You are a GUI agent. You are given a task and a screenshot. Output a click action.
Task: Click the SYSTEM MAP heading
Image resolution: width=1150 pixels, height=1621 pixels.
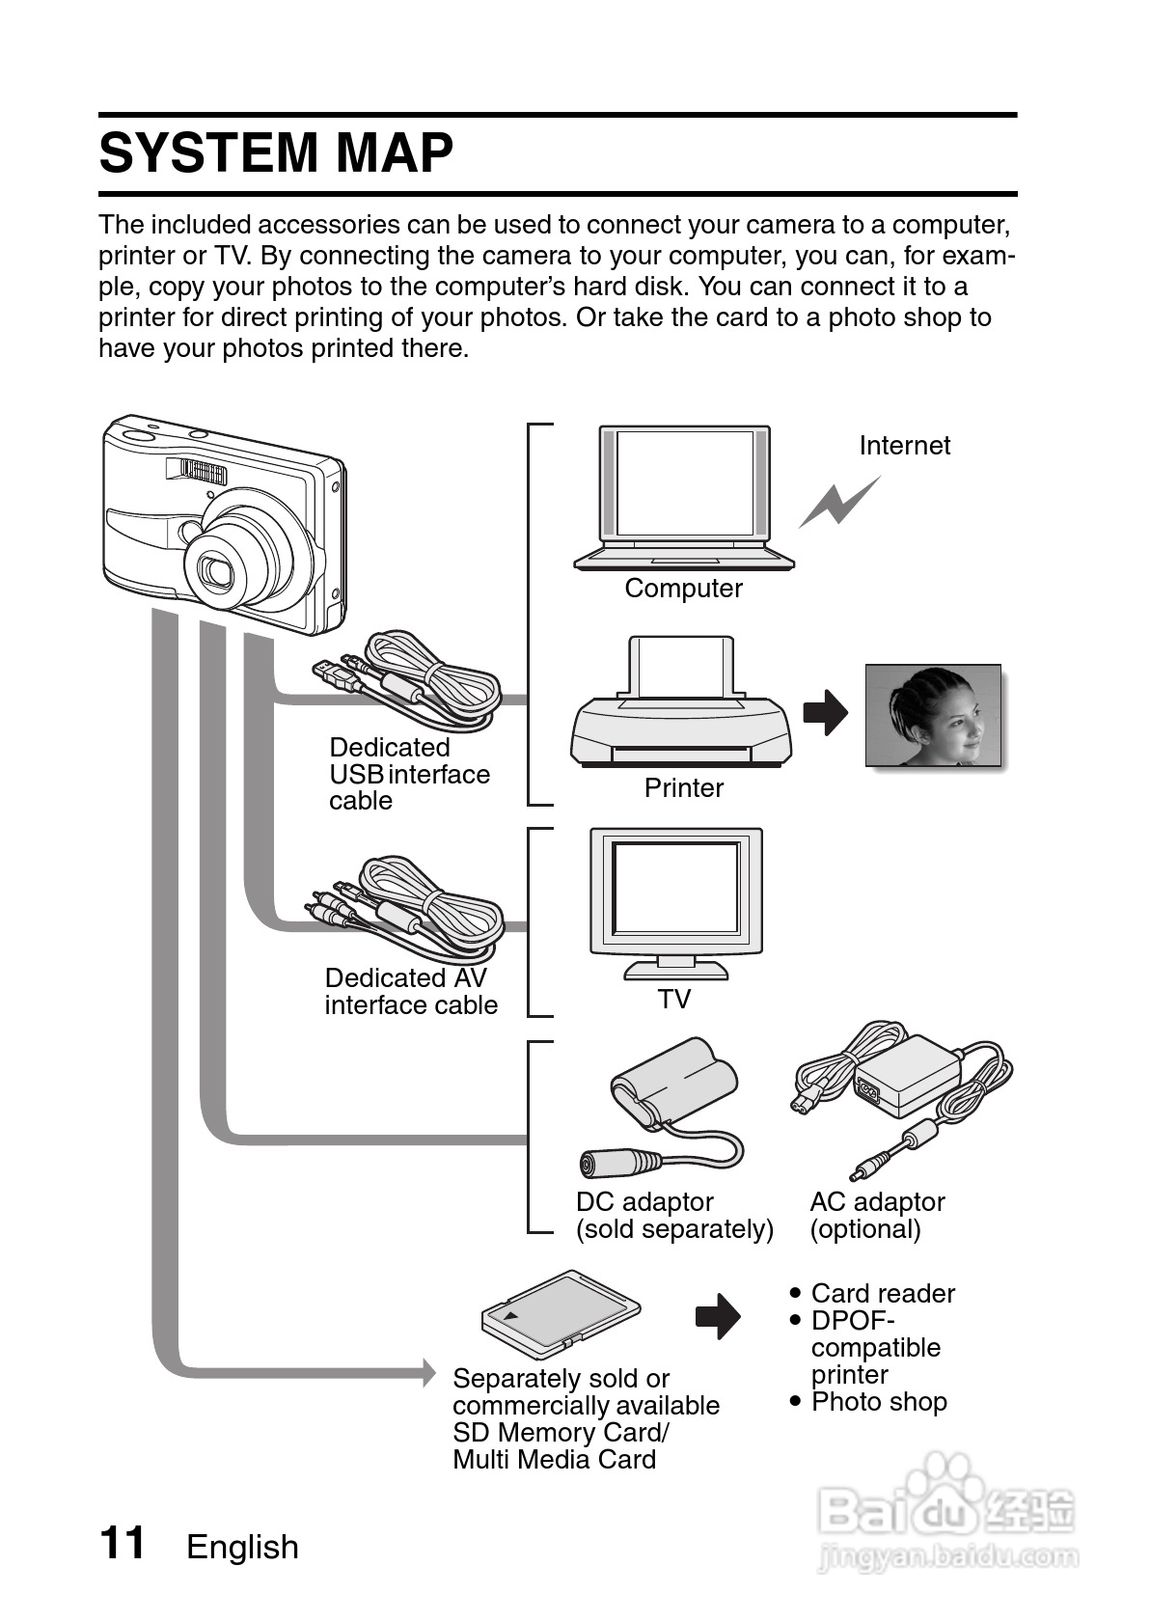(276, 153)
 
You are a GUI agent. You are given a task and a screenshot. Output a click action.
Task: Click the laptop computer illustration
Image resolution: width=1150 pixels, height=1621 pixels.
(684, 497)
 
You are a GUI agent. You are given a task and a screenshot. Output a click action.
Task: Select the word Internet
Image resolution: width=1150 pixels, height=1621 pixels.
(904, 446)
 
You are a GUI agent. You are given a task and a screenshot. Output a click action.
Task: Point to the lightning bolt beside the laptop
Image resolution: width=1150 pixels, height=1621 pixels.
(838, 503)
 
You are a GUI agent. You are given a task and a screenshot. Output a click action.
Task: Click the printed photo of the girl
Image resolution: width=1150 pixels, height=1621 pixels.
(933, 715)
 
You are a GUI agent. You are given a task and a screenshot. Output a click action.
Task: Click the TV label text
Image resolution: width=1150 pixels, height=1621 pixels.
(674, 1000)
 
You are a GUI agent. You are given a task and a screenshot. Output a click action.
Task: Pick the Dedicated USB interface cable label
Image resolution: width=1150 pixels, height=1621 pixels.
(409, 774)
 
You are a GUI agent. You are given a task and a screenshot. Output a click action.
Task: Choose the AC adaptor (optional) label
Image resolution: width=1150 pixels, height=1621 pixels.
(877, 1216)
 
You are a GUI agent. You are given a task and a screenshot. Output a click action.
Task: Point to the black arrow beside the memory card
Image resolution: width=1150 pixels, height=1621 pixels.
(718, 1317)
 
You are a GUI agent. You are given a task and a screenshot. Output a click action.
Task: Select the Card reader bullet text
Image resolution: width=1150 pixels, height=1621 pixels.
(882, 1294)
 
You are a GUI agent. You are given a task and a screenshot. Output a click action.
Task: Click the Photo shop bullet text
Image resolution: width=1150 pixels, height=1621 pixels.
(879, 1402)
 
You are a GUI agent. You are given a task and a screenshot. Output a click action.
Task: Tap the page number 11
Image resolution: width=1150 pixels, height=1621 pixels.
(123, 1543)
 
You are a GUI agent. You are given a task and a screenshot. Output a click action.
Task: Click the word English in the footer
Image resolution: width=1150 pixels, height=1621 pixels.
(242, 1548)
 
